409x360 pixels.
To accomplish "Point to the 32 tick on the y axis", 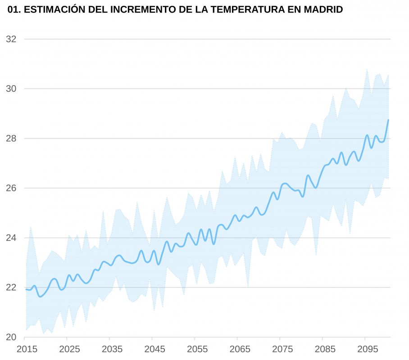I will coord(11,39).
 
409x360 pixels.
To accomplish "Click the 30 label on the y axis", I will coord(11,89).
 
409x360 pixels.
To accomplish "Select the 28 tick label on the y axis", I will coord(11,139).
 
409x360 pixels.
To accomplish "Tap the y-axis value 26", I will coord(11,188).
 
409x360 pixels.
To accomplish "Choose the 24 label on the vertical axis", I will coord(11,238).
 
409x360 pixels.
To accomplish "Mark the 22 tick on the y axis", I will coord(11,288).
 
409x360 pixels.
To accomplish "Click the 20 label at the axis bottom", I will coord(11,337).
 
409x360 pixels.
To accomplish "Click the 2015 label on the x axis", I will coord(27,349).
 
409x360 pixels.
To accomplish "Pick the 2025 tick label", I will coord(69,349).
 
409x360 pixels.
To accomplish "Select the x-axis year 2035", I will coord(112,349).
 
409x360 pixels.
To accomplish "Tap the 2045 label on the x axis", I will coord(155,349).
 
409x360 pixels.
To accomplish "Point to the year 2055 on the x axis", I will coord(197,349).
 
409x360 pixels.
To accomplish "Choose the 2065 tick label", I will coord(240,349).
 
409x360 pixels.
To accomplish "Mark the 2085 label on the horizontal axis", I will coord(325,349).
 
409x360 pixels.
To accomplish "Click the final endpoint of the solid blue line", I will coord(388,120).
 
